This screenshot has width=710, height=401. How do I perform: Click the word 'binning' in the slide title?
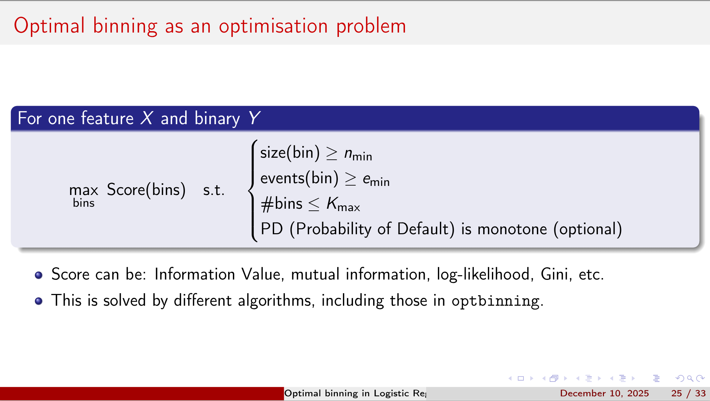coord(125,26)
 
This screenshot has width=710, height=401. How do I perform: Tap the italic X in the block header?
coord(147,118)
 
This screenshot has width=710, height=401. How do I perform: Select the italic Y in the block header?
coord(254,118)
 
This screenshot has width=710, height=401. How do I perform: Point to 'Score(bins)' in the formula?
coord(146,190)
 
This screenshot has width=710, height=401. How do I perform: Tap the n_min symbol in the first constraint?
coord(358,154)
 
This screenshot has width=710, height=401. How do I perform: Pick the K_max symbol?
coord(343,204)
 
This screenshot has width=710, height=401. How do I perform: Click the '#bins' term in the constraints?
coord(282,204)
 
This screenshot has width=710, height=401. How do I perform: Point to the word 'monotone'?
coord(512,230)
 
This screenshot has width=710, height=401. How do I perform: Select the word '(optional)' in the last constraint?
coord(588,230)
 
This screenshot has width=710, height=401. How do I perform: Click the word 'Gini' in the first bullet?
coord(554,274)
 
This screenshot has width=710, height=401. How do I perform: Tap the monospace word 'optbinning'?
coord(495,301)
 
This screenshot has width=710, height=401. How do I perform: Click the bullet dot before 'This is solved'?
coord(39,301)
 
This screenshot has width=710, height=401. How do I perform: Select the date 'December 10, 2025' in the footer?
coord(604,393)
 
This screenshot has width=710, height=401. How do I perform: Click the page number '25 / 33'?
coord(688,393)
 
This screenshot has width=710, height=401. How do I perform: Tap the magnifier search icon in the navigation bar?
coord(690,379)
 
